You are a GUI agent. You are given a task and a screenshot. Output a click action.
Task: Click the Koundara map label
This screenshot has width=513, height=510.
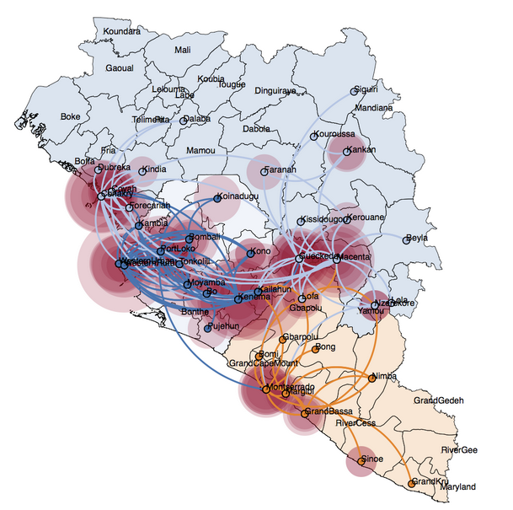[x=120, y=32]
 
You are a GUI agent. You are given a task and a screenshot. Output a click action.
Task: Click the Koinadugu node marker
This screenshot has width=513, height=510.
[x=216, y=198]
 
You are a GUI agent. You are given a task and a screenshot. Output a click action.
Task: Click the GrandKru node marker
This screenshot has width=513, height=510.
[x=411, y=483]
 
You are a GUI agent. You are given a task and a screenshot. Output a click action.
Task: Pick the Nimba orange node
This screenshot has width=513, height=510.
[x=371, y=378]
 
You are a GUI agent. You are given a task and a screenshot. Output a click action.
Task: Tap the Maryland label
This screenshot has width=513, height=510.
[x=458, y=487]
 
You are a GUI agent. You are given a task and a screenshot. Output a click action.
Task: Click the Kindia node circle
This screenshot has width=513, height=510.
[x=142, y=171]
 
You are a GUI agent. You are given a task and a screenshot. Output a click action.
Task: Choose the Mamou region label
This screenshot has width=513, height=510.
[x=200, y=150]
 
